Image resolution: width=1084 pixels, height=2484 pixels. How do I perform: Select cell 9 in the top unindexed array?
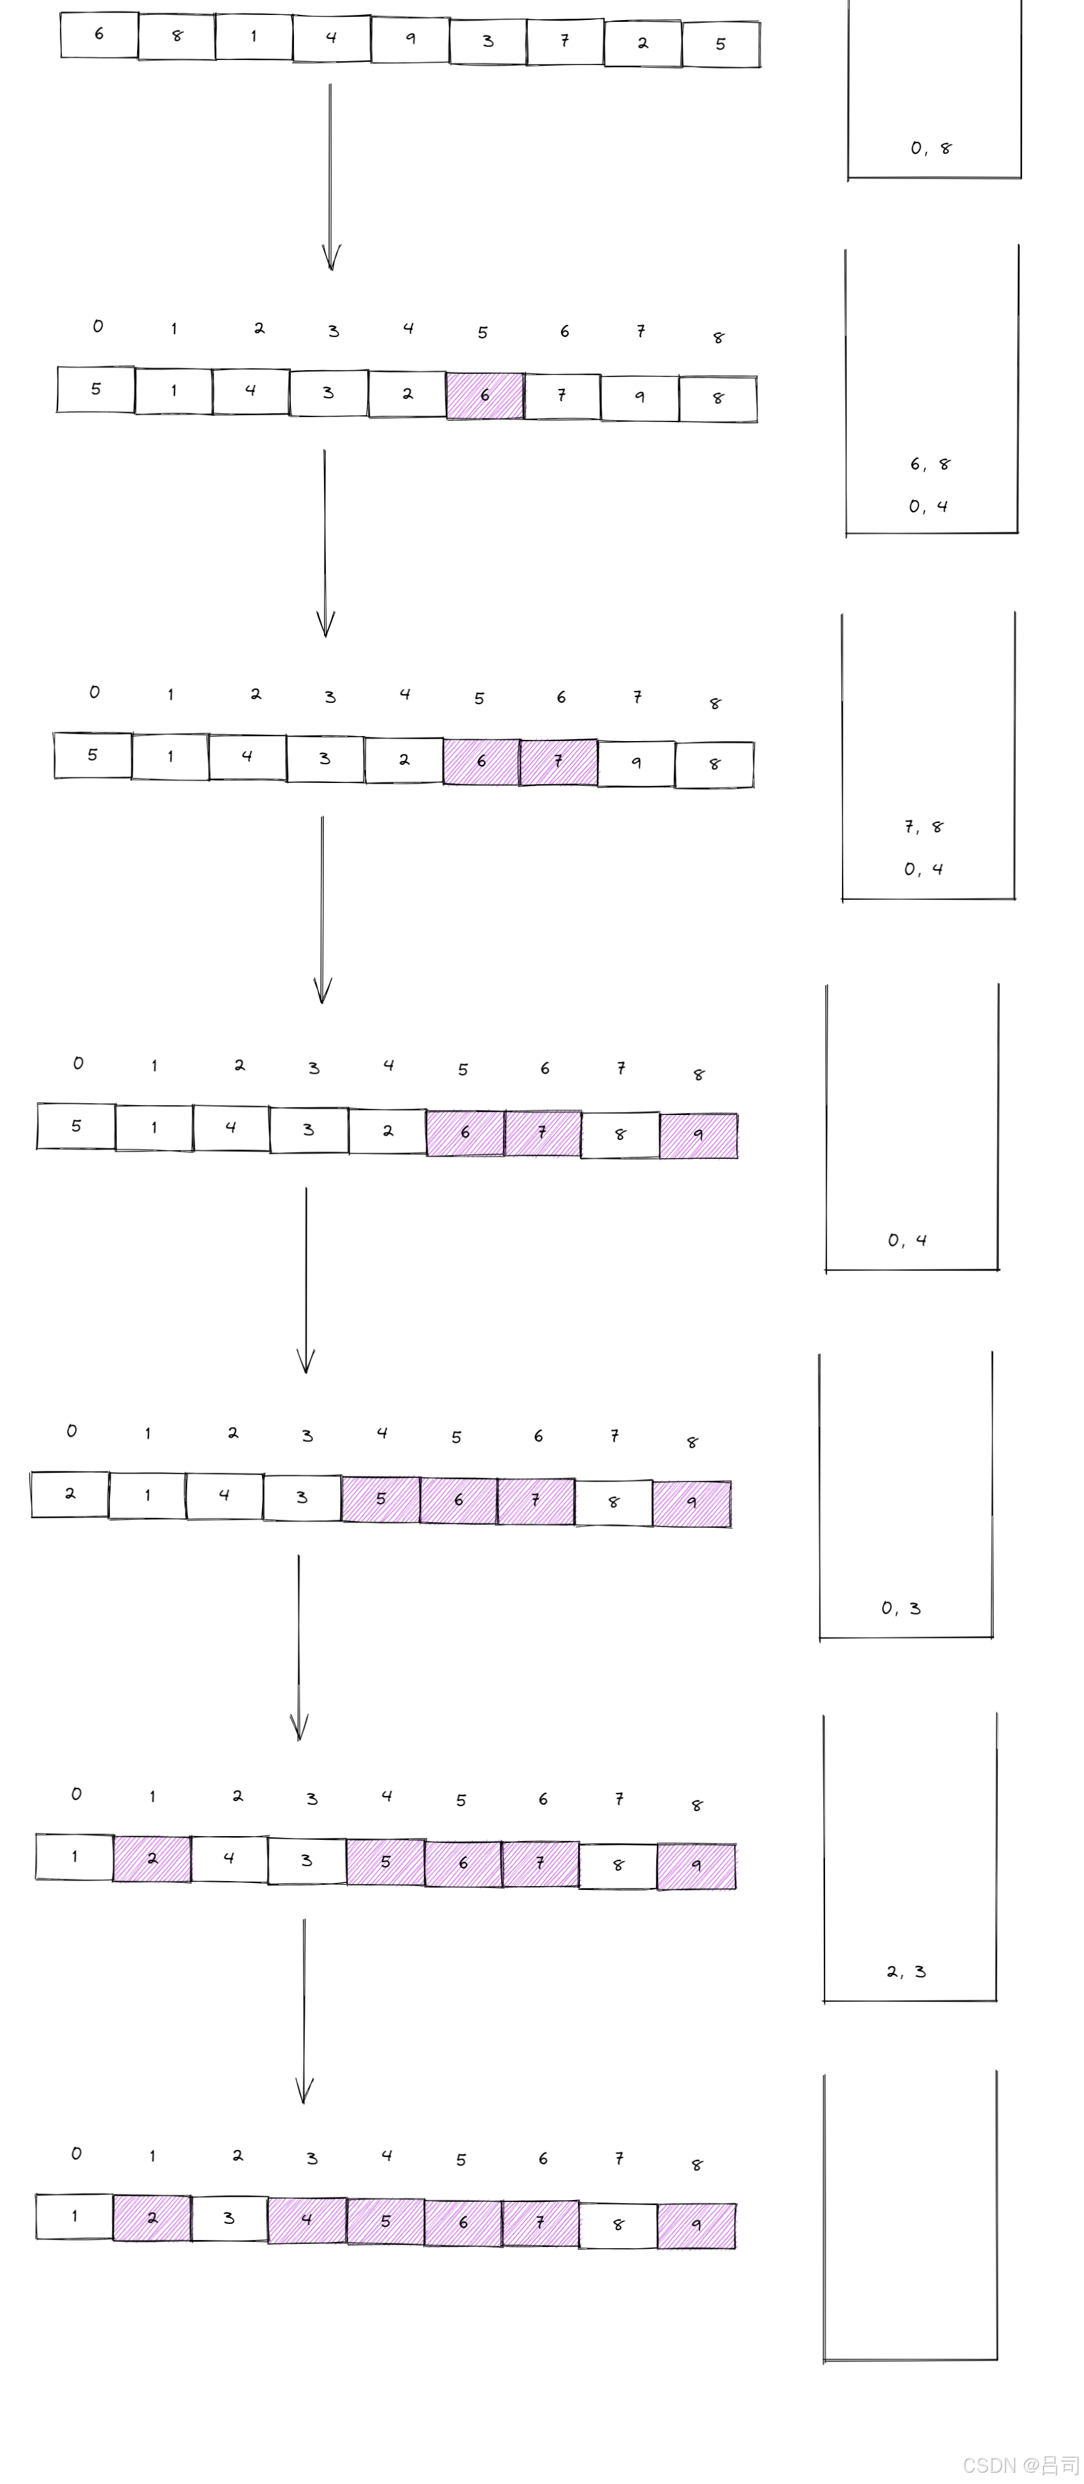point(410,39)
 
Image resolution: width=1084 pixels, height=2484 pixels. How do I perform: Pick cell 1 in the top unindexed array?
point(253,37)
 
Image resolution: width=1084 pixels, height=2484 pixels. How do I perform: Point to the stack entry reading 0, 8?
point(931,148)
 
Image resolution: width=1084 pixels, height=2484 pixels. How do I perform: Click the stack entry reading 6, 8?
point(930,464)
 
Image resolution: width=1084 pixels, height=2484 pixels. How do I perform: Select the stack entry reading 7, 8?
point(924,826)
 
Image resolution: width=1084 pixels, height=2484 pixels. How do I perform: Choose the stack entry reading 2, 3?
point(906,1971)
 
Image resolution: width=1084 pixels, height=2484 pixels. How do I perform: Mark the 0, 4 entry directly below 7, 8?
point(924,869)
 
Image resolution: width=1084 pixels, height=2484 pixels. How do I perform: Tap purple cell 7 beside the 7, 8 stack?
point(559,762)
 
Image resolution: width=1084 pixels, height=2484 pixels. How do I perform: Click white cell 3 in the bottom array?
point(230,2218)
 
